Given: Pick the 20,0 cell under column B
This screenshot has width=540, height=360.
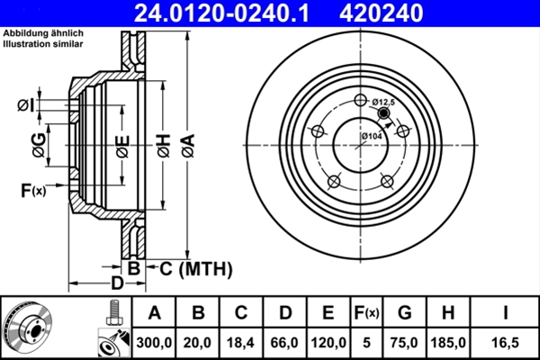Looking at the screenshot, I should (x=198, y=341).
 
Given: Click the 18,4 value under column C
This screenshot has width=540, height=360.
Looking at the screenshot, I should (x=241, y=341).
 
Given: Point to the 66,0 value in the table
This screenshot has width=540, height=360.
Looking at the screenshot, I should (x=285, y=341).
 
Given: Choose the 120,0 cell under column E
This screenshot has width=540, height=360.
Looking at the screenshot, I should (x=328, y=341).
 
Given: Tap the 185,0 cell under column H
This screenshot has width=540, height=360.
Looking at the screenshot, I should (x=452, y=341).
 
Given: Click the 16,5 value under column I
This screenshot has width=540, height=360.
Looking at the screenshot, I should (x=507, y=341).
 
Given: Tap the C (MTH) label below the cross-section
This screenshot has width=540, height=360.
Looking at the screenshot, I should (x=196, y=268).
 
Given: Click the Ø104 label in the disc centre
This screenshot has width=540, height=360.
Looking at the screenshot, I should (x=373, y=136).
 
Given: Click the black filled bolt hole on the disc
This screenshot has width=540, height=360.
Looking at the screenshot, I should (x=385, y=114).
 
